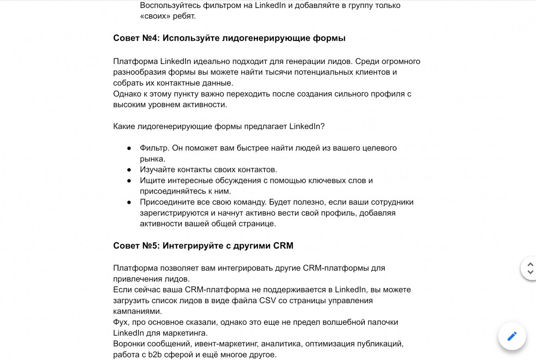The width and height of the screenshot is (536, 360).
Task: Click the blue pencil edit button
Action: click(512, 336)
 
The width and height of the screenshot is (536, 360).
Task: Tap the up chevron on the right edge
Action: click(530, 264)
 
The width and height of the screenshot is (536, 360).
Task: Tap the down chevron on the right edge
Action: click(530, 272)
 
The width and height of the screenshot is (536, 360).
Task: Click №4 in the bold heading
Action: click(151, 38)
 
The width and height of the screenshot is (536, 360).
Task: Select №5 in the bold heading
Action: click(151, 246)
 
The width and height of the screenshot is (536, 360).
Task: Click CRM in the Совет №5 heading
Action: click(283, 246)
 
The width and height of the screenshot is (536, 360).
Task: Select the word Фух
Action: click(121, 322)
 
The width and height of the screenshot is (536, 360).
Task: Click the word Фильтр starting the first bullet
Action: click(154, 148)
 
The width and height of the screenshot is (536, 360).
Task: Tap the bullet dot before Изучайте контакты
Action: click(129, 170)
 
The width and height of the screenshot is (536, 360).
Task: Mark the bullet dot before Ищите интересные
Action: click(129, 180)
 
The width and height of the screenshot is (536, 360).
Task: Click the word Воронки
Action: click(129, 344)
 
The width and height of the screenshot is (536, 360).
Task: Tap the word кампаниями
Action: click(137, 311)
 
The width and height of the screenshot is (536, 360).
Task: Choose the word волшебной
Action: click(346, 322)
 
